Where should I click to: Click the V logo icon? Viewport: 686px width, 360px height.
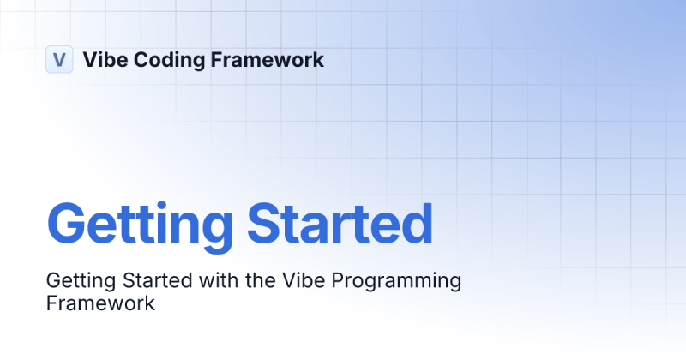pyautogui.click(x=58, y=60)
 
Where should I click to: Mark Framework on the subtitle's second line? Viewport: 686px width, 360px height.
pyautogui.click(x=100, y=303)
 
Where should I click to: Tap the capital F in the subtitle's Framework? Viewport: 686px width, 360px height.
pyautogui.click(x=51, y=303)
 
